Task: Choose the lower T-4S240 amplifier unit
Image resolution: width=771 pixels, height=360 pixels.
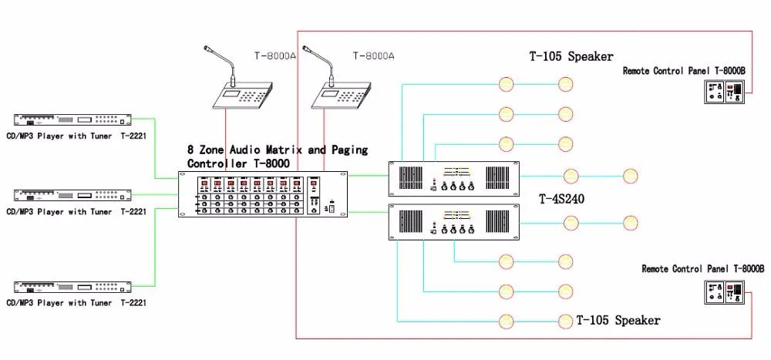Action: point(453,223)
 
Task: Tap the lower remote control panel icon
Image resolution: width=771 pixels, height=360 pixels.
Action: point(724,291)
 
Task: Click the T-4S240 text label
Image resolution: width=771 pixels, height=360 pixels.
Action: point(561,199)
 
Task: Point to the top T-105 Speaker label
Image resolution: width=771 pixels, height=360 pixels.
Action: point(571,56)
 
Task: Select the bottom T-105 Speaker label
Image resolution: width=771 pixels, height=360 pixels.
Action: point(618,319)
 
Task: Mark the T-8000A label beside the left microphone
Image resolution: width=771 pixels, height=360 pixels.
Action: point(275,56)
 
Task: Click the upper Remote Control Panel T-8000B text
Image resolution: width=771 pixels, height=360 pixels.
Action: point(683,70)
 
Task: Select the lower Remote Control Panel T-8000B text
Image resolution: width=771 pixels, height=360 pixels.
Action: point(702,269)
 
